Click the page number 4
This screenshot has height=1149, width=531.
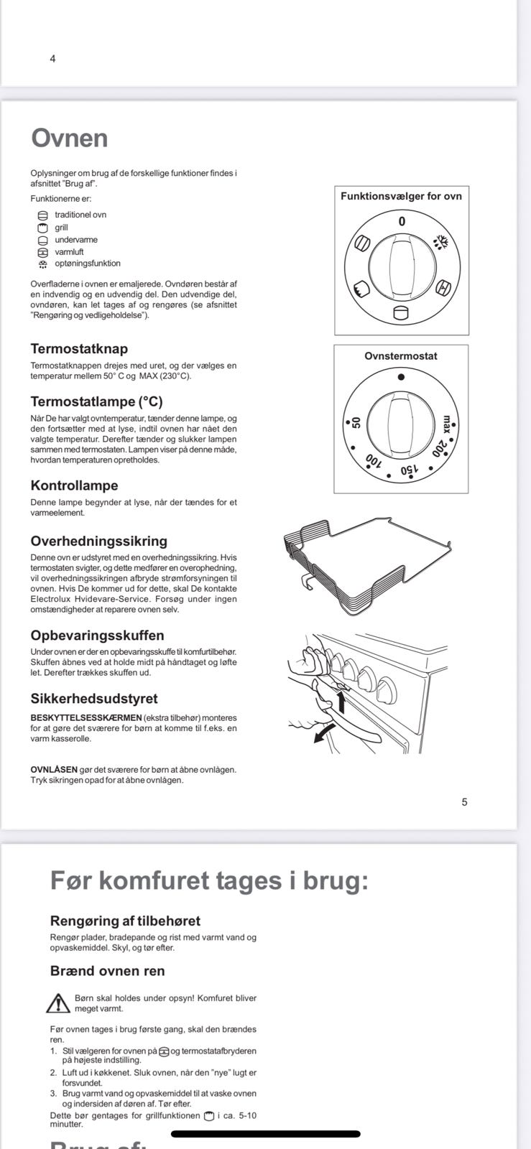coord(52,59)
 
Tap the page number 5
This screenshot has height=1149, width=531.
coord(464,802)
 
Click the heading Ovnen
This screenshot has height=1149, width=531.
coord(69,138)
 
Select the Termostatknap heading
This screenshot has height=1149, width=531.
coord(79,349)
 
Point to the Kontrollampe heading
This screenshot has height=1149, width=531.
coord(74,485)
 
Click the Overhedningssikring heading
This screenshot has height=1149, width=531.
coord(98,541)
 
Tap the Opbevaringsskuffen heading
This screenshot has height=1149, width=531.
coord(97,636)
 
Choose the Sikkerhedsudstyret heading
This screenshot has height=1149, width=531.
coord(94,699)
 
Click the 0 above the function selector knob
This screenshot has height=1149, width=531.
coord(402,222)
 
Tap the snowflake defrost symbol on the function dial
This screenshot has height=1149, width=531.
coord(443,243)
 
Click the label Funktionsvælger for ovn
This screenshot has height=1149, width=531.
coord(401,196)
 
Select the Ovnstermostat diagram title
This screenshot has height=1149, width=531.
coord(401,356)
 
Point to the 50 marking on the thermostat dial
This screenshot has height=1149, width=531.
coord(356,422)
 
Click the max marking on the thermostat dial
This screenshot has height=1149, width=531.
coord(447,424)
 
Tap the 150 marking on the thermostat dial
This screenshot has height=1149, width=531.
coord(409,470)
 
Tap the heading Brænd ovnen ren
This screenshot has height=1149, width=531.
coord(107,971)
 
